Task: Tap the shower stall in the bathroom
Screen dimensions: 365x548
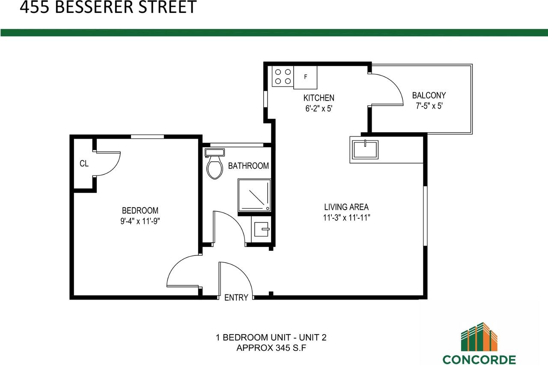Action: tap(255, 195)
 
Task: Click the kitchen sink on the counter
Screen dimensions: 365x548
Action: tap(365, 149)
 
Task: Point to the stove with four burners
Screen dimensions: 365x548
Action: tap(283, 77)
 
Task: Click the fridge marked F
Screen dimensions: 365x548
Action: tap(305, 77)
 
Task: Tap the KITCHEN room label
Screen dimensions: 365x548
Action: tap(319, 98)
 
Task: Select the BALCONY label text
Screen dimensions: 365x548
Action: tap(429, 95)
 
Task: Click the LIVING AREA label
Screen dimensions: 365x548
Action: tap(346, 207)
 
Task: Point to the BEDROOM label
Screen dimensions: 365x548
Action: tap(140, 211)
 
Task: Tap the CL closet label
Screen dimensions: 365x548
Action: tap(84, 163)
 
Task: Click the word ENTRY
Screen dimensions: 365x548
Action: tap(236, 298)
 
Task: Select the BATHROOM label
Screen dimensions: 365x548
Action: tap(248, 166)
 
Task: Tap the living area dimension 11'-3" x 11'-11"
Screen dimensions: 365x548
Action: tap(347, 217)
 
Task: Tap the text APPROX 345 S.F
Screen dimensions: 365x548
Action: tap(271, 348)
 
